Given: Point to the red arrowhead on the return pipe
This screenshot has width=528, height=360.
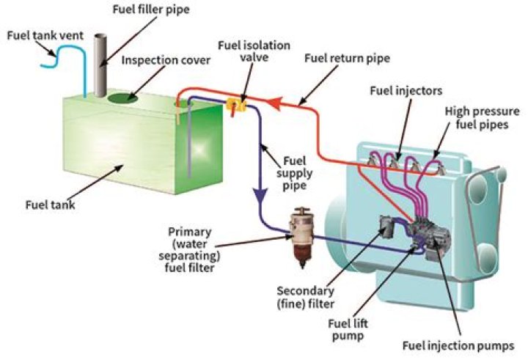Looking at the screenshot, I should tap(276, 104).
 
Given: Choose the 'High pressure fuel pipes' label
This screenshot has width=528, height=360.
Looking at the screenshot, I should tap(483, 119).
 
